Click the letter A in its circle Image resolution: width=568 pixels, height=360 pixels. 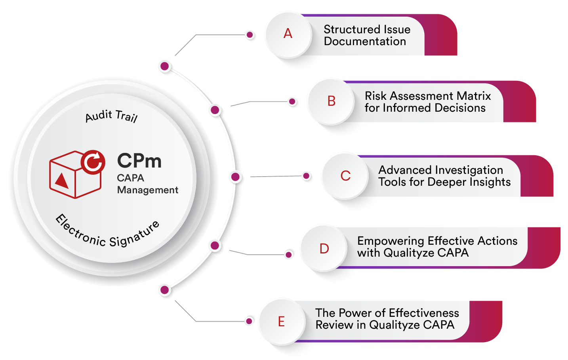click(288, 34)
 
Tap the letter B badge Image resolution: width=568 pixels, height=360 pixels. click(332, 101)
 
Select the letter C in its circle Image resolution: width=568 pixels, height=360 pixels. click(345, 176)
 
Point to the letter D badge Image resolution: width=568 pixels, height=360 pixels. click(324, 249)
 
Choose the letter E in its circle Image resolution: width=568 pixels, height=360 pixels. click(281, 322)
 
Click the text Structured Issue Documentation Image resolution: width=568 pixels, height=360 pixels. click(367, 35)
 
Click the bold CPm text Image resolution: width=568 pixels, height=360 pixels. click(139, 161)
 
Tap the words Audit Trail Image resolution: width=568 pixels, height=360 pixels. click(111, 116)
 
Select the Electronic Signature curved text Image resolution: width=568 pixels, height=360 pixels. click(107, 234)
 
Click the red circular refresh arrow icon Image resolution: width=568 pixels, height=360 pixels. click(93, 162)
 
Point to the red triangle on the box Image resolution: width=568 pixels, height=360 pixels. click(62, 181)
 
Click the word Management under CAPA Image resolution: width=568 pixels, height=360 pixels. click(148, 190)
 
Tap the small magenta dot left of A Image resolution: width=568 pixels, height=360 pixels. click(250, 35)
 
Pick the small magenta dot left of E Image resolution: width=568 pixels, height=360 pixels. click(249, 321)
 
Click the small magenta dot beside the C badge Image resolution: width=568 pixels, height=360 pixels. click(306, 176)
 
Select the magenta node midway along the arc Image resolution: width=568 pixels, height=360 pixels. click(235, 177)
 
